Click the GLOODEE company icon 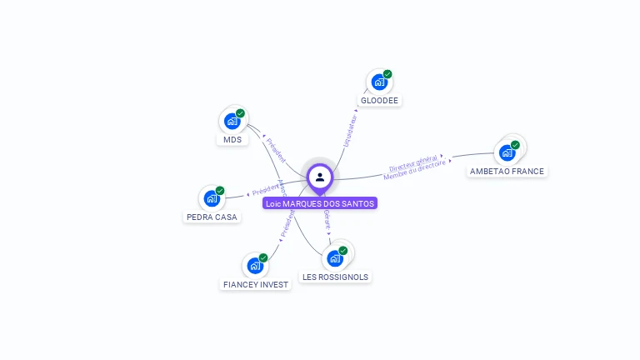tap(379, 82)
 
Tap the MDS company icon tap(232, 121)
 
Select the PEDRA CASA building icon tap(212, 199)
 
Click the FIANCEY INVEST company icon tap(255, 266)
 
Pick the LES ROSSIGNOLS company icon tap(335, 258)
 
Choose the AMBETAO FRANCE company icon tap(507, 152)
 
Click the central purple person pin tap(320, 177)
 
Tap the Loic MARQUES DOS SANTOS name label tap(320, 203)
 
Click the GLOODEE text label tap(380, 101)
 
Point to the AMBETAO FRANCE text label tap(507, 172)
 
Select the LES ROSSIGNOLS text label tap(335, 277)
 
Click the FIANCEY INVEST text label tap(256, 285)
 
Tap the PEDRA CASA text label tap(211, 217)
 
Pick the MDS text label tap(232, 140)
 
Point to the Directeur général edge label tap(413, 163)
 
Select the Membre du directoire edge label tap(414, 172)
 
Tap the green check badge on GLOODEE tap(387, 74)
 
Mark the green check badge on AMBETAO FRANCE tap(515, 145)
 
